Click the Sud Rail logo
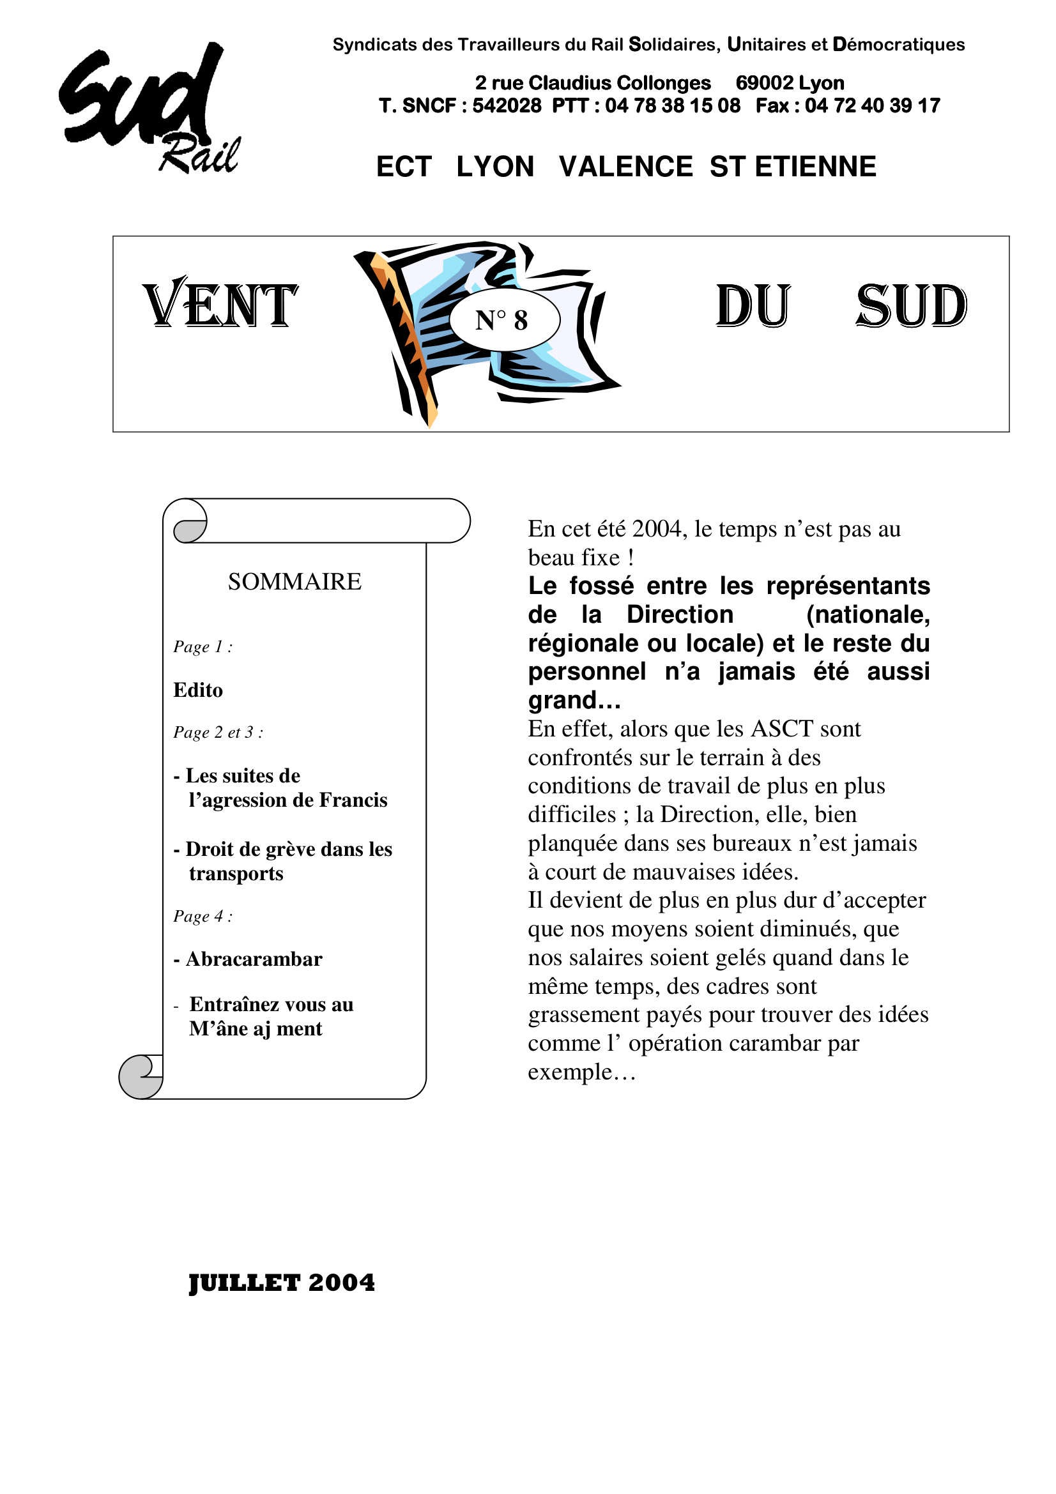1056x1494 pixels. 148,109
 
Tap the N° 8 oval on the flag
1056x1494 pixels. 504,320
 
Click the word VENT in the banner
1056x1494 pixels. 220,305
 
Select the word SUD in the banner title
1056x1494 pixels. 911,306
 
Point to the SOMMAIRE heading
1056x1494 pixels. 294,582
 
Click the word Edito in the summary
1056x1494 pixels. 198,690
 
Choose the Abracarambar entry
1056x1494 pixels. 254,959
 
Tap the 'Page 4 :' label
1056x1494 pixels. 203,916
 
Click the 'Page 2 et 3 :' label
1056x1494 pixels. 218,733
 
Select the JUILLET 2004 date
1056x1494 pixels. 282,1283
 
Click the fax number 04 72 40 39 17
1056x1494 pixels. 872,106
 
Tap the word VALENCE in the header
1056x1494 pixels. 625,167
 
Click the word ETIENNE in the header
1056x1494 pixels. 815,167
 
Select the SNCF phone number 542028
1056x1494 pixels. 506,106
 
